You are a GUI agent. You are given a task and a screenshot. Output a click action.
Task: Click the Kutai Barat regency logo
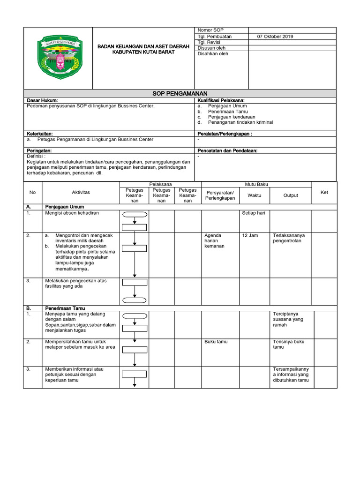(60, 57)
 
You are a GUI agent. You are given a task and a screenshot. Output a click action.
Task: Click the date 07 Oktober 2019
(275, 37)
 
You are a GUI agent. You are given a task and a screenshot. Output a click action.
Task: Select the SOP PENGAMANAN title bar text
(180, 94)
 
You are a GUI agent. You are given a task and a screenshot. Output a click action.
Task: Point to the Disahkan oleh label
(213, 54)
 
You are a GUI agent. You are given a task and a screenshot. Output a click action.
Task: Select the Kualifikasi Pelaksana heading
(221, 100)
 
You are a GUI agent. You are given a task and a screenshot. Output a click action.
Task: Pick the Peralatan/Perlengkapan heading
(225, 134)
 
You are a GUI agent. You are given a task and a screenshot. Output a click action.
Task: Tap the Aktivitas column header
(81, 192)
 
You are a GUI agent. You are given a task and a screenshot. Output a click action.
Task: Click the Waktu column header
(255, 195)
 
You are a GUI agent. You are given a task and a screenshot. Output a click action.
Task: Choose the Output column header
(291, 195)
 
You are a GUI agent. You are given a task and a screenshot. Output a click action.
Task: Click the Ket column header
(324, 192)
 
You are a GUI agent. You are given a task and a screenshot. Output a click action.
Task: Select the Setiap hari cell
(254, 213)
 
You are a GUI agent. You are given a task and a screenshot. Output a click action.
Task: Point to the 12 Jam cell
(251, 235)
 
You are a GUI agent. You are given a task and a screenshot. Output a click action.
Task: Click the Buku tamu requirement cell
(216, 342)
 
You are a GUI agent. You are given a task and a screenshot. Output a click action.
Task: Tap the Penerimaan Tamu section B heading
(65, 308)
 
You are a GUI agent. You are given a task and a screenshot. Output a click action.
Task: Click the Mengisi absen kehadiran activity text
(72, 213)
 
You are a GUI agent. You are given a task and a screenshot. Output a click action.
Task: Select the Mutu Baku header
(256, 184)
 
